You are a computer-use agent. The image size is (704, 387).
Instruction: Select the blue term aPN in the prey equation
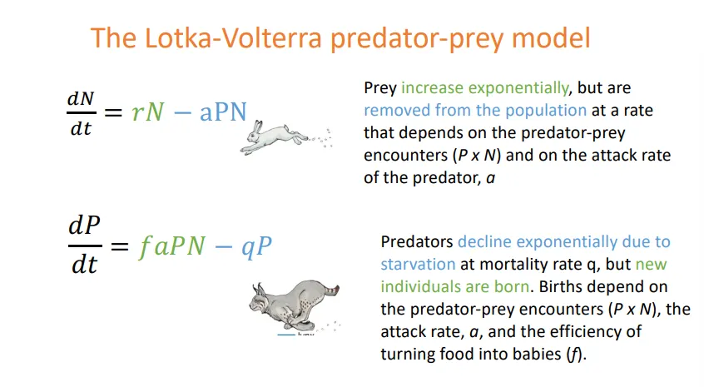[x=223, y=113]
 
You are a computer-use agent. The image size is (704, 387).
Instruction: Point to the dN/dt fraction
[x=80, y=114]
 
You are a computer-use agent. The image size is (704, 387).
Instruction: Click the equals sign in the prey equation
[x=115, y=114]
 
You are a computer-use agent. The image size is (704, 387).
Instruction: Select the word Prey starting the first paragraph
[x=380, y=87]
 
